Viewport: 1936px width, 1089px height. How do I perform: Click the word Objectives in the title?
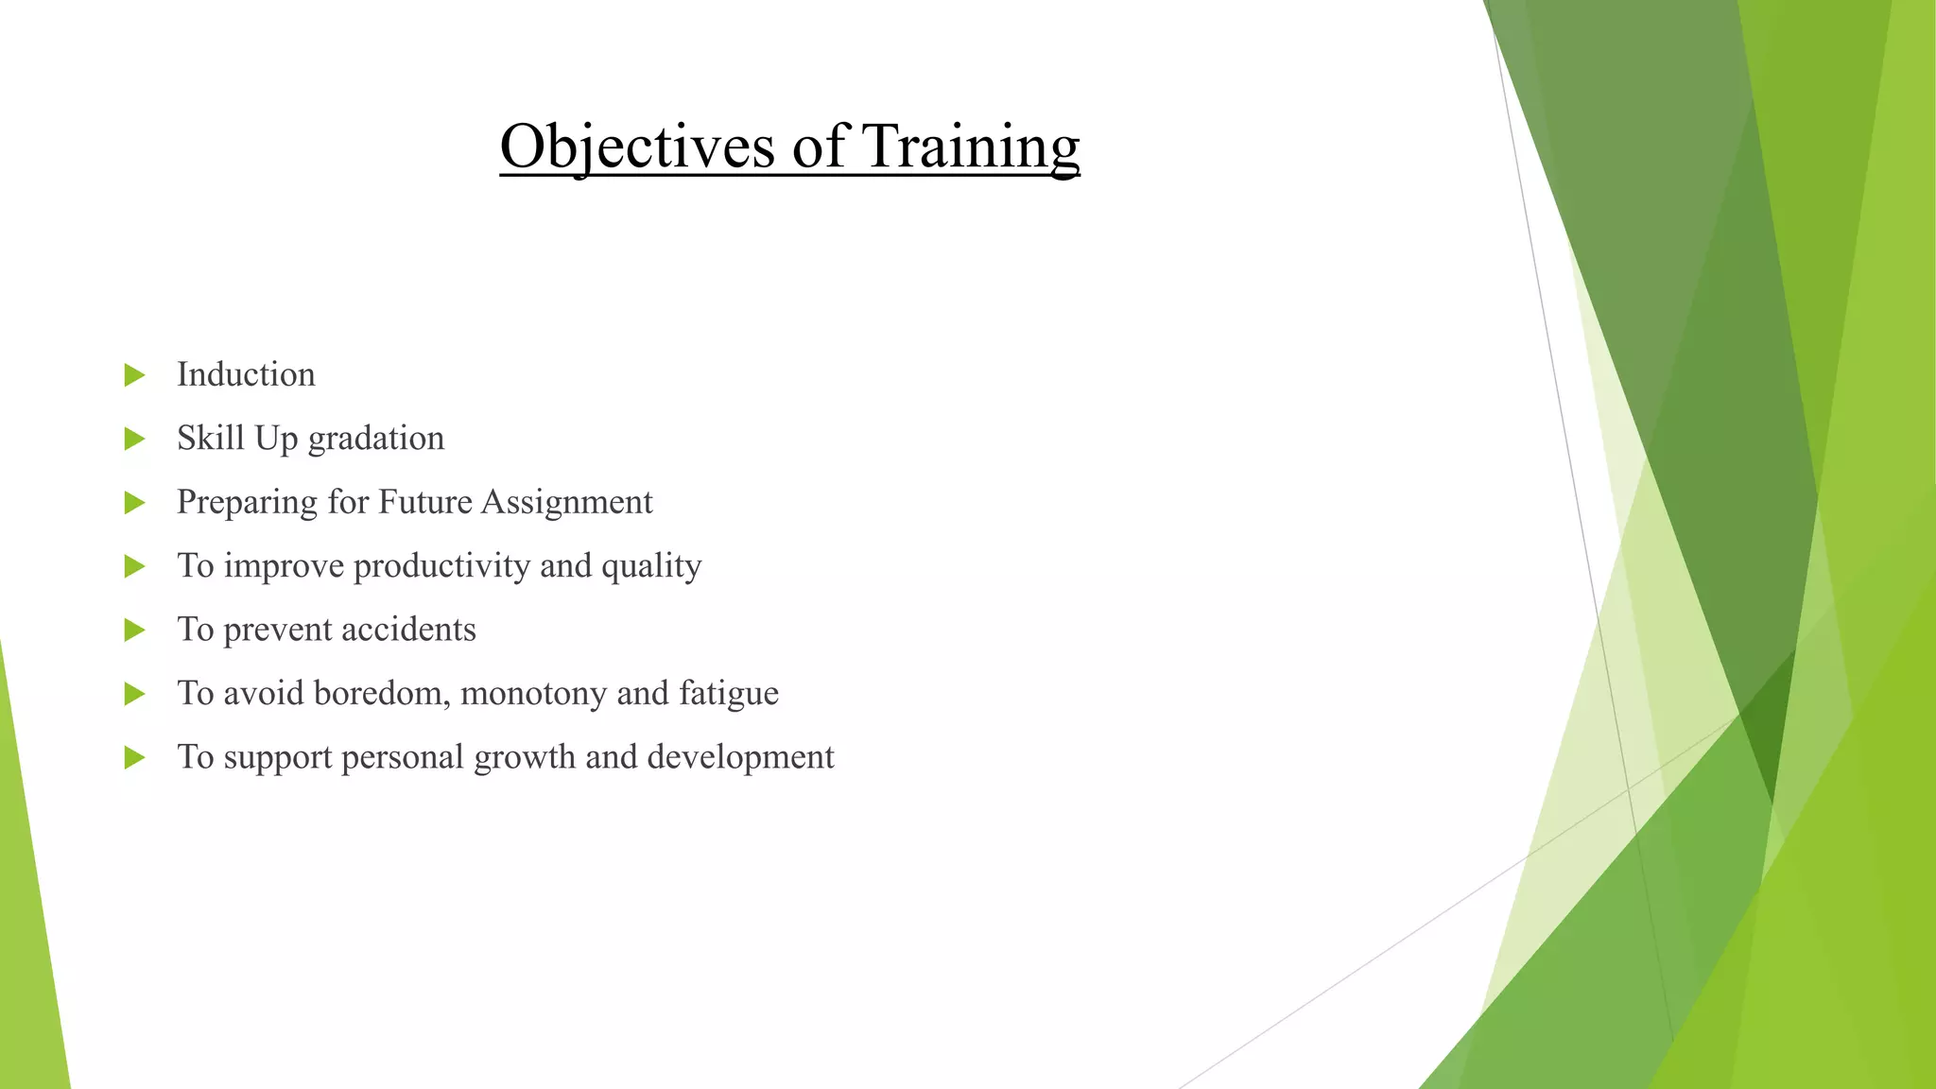click(637, 147)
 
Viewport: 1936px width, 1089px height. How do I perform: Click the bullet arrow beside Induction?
click(134, 375)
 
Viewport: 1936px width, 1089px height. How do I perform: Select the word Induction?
click(246, 375)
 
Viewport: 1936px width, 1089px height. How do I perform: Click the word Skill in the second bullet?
click(210, 439)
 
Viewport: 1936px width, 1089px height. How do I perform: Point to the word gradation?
click(375, 439)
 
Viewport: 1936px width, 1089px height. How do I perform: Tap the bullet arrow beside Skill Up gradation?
click(134, 439)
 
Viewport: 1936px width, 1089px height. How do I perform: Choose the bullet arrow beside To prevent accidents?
click(134, 630)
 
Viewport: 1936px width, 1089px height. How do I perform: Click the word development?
click(740, 757)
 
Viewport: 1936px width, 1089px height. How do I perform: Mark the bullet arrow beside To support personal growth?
click(134, 757)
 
